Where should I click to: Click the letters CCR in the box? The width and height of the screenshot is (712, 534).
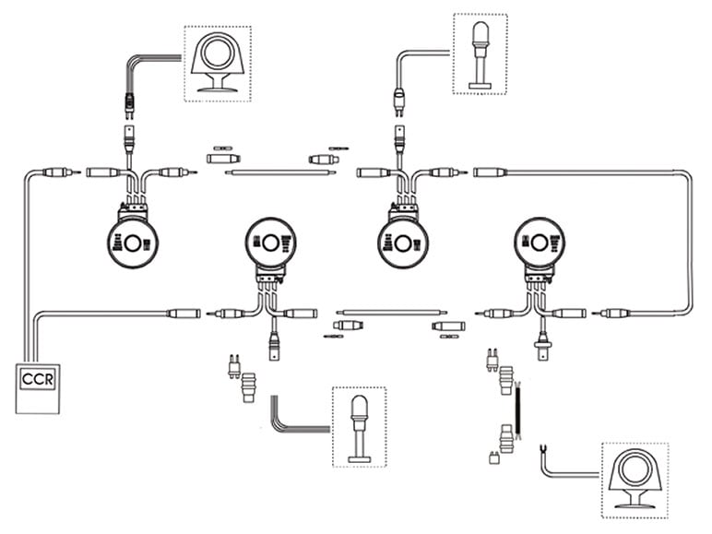coord(37,378)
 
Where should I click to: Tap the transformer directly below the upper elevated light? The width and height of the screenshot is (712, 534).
coord(403,242)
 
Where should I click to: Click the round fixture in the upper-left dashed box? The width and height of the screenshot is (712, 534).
coord(218,53)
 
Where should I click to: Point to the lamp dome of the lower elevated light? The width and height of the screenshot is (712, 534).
coord(358,406)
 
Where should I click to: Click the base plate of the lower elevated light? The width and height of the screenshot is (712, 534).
coord(358,459)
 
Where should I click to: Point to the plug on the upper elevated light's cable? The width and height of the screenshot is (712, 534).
coord(399,98)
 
